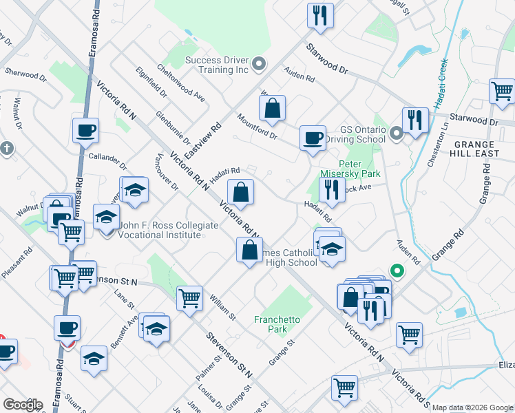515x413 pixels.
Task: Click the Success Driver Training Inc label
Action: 216,65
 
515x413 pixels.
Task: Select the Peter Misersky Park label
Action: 350,169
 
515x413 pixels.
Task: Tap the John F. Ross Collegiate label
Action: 161,230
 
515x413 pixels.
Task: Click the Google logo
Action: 23,404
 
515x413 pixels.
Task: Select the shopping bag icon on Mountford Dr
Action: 273,108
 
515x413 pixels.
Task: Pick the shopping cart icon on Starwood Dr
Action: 502,91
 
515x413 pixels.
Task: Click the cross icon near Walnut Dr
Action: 6,148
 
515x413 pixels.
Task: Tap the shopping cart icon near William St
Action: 189,299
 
